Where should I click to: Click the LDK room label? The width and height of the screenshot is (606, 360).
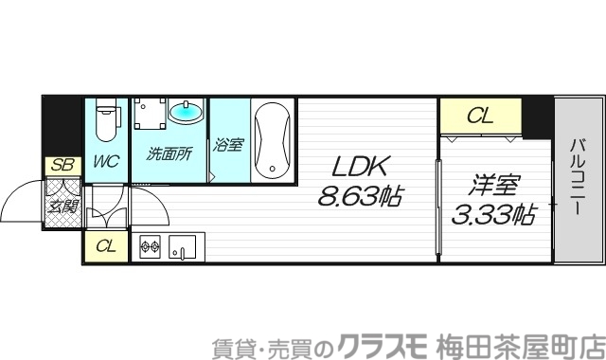tap(359, 167)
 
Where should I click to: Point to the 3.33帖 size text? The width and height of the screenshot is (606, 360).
tap(490, 215)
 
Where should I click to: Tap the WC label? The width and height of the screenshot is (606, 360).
tap(105, 161)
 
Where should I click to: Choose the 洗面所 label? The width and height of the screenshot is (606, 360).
tap(170, 152)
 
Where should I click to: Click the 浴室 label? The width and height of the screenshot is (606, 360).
tap(228, 146)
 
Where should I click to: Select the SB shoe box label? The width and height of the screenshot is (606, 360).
tap(62, 165)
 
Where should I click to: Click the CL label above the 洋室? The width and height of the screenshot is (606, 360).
tap(480, 117)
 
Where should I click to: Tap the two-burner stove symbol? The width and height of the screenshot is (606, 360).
tap(151, 249)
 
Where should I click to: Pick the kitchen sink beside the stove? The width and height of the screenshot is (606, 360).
tap(180, 249)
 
